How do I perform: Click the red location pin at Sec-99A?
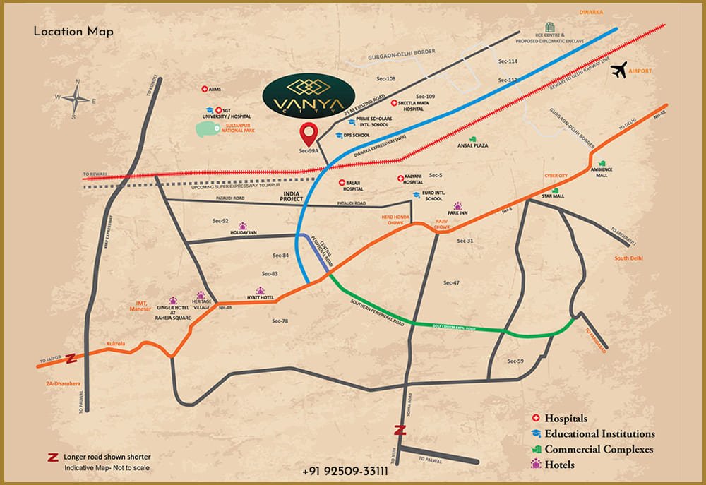pyautogui.click(x=308, y=133)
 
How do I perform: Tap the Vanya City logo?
pyautogui.click(x=308, y=97)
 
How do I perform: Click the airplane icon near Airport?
pyautogui.click(x=620, y=69)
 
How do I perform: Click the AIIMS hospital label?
pyautogui.click(x=215, y=90)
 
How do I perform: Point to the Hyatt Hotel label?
pyautogui.click(x=260, y=298)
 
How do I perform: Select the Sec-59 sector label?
pyautogui.click(x=515, y=361)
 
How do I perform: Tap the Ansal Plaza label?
pyautogui.click(x=473, y=145)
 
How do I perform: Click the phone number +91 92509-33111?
pyautogui.click(x=345, y=470)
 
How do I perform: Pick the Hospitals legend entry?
pyautogui.click(x=563, y=419)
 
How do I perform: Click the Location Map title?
pyautogui.click(x=73, y=32)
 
